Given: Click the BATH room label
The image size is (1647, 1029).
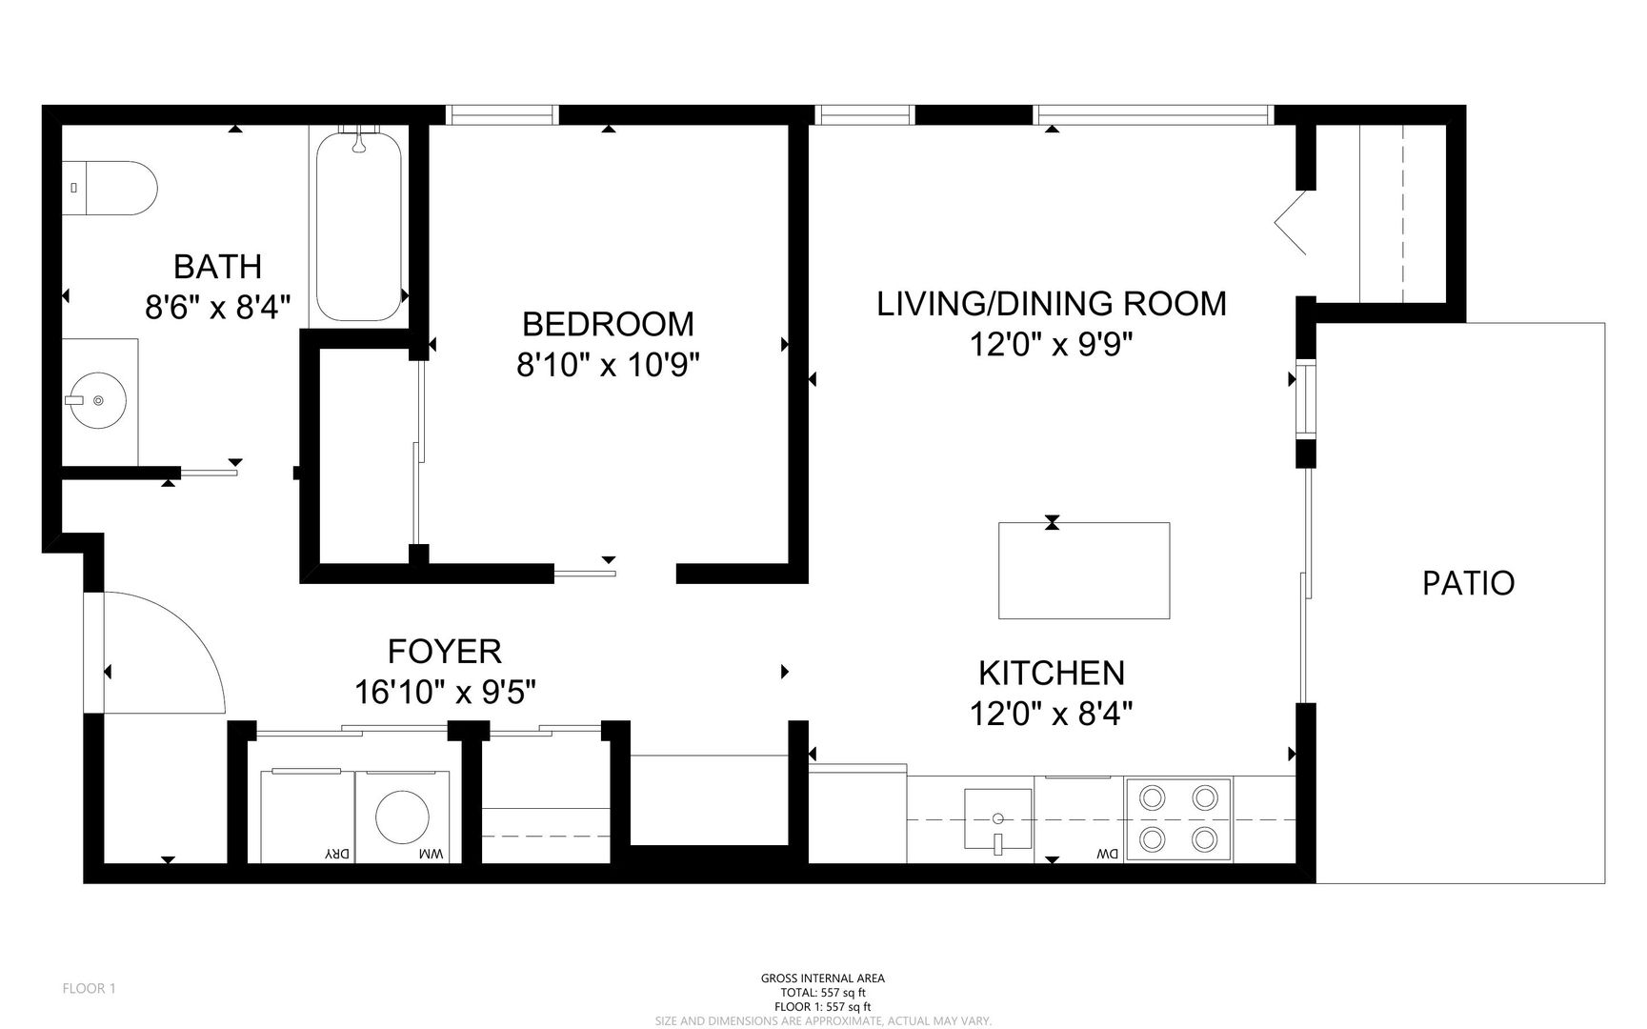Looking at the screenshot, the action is pyautogui.click(x=217, y=267).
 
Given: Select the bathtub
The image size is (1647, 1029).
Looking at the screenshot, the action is pyautogui.click(x=358, y=226).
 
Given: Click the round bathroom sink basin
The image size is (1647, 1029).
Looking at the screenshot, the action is pyautogui.click(x=96, y=400).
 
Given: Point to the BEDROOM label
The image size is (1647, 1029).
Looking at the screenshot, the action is pyautogui.click(x=608, y=324).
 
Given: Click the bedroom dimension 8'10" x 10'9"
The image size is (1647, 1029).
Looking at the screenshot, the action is pyautogui.click(x=608, y=365).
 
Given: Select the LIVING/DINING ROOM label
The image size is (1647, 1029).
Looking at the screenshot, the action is pyautogui.click(x=1052, y=304).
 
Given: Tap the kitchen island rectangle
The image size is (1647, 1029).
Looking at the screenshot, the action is pyautogui.click(x=1084, y=571).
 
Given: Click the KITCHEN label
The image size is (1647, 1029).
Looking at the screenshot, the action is pyautogui.click(x=1052, y=674).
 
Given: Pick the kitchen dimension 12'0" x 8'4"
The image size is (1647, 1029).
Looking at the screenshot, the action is pyautogui.click(x=1052, y=713).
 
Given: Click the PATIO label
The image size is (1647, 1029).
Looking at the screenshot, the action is pyautogui.click(x=1468, y=583).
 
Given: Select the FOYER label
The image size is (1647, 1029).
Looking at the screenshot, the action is pyautogui.click(x=444, y=652).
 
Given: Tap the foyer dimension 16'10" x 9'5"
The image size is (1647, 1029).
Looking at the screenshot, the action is pyautogui.click(x=445, y=692).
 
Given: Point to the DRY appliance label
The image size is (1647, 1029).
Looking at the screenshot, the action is pyautogui.click(x=338, y=854).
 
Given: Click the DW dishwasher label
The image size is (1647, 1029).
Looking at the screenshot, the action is pyautogui.click(x=1106, y=854).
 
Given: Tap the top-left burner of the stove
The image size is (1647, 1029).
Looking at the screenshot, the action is pyautogui.click(x=1153, y=797).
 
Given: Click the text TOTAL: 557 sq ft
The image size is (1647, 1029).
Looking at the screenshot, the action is pyautogui.click(x=823, y=992).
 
